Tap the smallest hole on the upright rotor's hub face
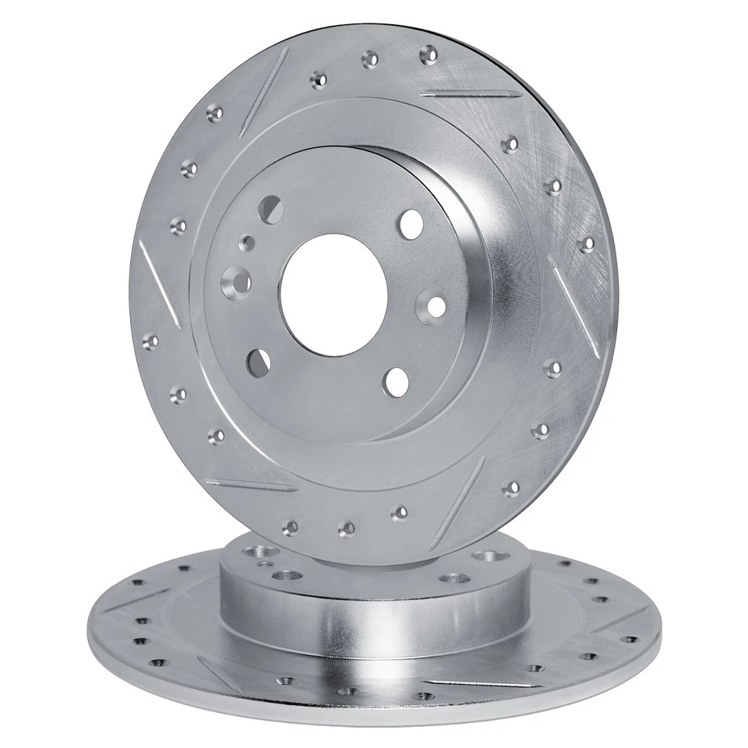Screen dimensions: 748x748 coord(247,242)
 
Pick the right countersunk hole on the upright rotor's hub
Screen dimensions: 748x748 coord(433,305)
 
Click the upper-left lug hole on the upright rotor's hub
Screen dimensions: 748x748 coord(270,209)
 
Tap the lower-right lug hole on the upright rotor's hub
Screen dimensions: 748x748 coord(396,381)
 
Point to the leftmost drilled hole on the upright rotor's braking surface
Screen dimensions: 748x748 coord(150,340)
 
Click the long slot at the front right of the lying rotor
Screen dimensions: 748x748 coord(475,686)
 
